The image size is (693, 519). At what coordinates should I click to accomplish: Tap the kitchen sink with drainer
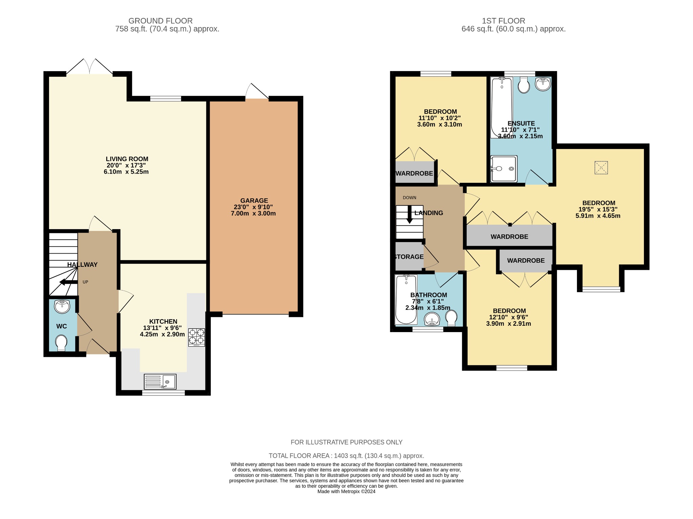pos(160,382)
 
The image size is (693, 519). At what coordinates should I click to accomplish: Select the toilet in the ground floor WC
pos(61,343)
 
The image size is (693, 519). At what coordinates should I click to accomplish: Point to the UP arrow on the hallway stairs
pos(68,282)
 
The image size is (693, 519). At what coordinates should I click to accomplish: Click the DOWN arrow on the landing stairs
pos(409,215)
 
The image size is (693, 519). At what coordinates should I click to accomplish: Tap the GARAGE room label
pos(254,200)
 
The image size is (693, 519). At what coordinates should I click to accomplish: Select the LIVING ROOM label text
pos(127,159)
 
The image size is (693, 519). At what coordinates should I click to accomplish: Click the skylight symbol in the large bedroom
pos(601,168)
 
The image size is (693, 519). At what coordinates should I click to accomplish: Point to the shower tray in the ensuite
pos(504,168)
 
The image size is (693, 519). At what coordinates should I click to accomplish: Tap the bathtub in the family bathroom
pos(406,299)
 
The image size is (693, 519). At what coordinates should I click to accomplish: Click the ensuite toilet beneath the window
pos(523,85)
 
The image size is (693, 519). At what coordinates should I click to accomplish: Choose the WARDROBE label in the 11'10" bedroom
pos(414,173)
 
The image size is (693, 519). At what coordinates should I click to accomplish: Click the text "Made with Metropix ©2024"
pos(346,491)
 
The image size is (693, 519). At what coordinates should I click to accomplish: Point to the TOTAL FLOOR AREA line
pos(346,456)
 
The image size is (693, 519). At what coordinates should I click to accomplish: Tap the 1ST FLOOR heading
pos(503,21)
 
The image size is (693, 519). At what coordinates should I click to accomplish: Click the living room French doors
pos(89,67)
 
